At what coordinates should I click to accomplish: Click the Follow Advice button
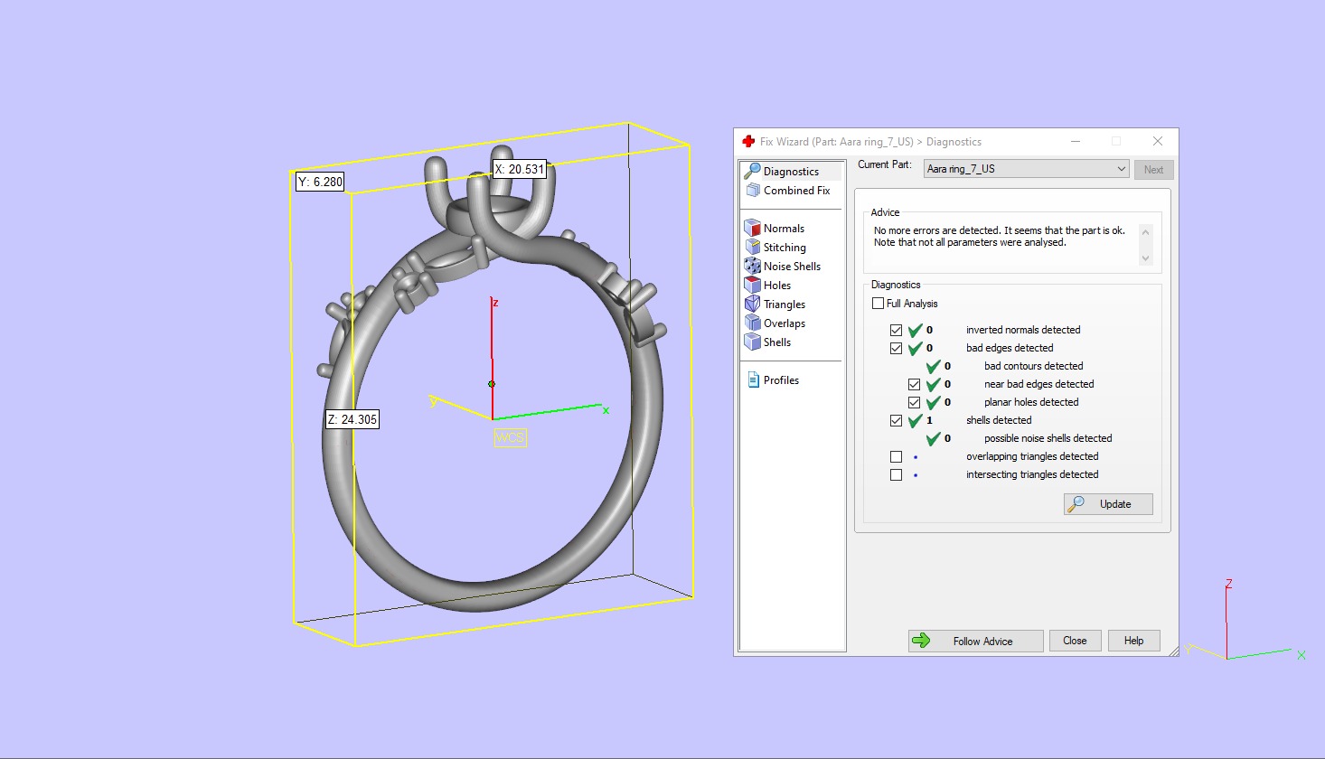click(x=975, y=641)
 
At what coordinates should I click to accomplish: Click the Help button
click(x=1133, y=641)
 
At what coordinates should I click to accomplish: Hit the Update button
click(x=1108, y=504)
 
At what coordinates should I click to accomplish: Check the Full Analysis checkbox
click(x=879, y=304)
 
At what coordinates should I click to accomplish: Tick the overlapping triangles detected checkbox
click(x=896, y=456)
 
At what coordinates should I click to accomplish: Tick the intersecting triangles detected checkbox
click(x=896, y=474)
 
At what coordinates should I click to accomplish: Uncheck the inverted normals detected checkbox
click(x=896, y=330)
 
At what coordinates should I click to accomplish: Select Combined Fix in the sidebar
click(x=795, y=191)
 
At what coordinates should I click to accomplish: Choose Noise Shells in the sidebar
click(x=791, y=267)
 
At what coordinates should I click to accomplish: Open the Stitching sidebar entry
click(x=784, y=248)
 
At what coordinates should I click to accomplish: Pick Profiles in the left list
click(x=780, y=380)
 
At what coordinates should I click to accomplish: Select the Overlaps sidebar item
click(x=784, y=323)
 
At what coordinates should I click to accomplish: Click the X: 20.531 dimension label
click(x=520, y=169)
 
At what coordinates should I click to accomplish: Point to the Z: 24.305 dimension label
click(x=352, y=419)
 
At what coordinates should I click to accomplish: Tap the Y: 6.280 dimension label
click(x=320, y=182)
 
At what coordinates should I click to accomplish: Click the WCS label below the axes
click(x=510, y=438)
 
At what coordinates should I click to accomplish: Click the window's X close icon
click(x=1157, y=141)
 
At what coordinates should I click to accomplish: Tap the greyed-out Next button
click(x=1153, y=170)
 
